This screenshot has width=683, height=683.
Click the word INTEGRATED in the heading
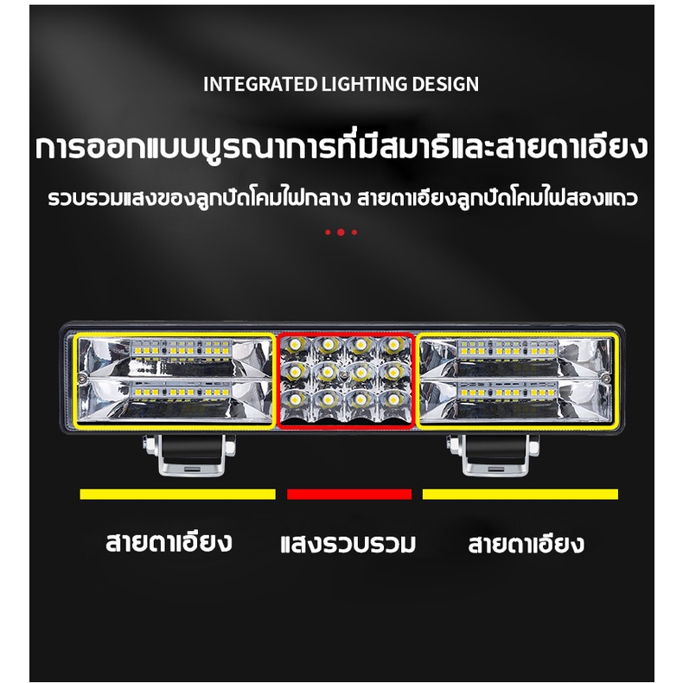(260, 84)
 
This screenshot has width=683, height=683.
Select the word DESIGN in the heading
(445, 84)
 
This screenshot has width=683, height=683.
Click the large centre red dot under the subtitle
(341, 233)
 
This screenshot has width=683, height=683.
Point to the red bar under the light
(349, 494)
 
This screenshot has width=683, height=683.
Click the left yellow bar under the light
(178, 494)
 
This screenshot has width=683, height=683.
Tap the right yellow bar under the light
(520, 494)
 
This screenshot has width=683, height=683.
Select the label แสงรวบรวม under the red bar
(348, 545)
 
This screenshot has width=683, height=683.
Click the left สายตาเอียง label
(169, 542)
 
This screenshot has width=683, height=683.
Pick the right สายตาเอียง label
(526, 544)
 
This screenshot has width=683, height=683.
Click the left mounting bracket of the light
(189, 455)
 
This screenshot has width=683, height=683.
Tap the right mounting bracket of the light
(493, 455)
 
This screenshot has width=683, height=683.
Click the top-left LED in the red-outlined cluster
(295, 345)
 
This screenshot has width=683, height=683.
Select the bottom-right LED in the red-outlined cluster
(393, 399)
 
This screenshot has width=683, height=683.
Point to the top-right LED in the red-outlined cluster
(393, 345)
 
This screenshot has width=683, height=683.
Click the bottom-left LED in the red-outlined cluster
(295, 399)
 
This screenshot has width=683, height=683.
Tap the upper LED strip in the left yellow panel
(181, 349)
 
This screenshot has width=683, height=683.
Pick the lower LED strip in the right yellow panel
(507, 392)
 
